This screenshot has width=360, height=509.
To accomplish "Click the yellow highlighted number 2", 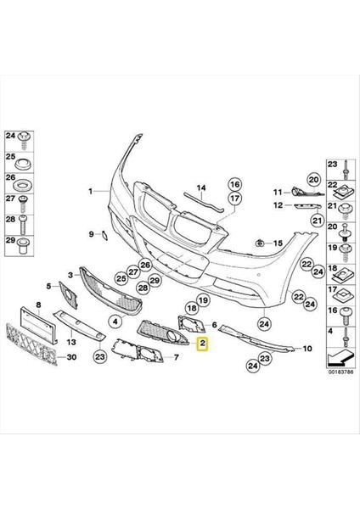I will [202, 344].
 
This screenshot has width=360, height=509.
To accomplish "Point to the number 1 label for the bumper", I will [88, 193].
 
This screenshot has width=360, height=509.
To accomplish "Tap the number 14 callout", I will [201, 187].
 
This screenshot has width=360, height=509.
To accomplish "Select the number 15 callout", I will [277, 243].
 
